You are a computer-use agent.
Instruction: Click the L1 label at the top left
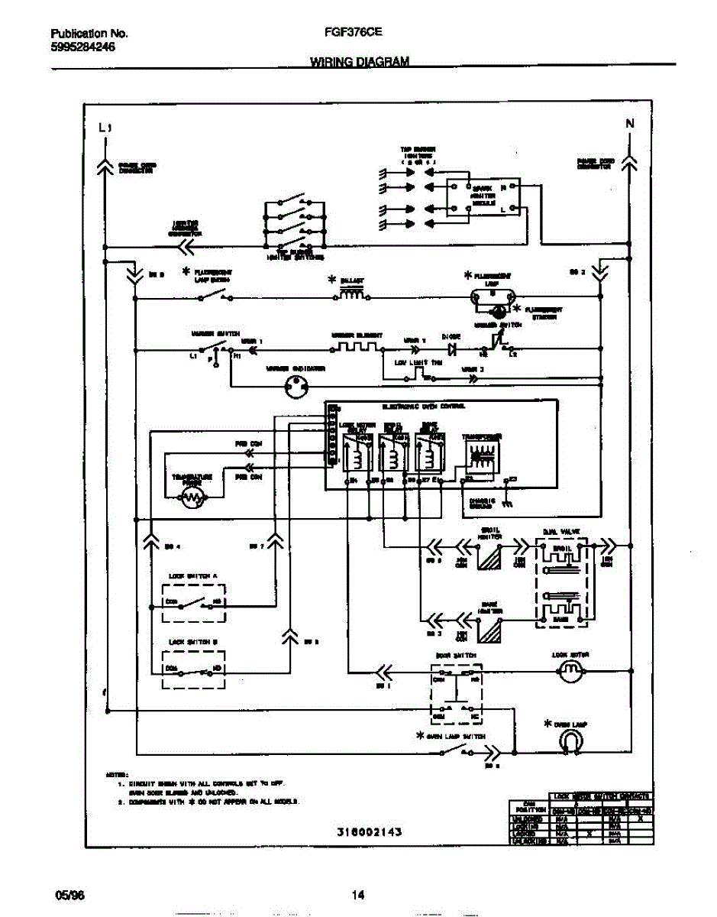click(105, 128)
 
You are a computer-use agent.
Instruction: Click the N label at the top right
click(630, 124)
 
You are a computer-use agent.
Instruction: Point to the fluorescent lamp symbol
click(495, 293)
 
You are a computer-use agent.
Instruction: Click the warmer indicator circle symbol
click(296, 389)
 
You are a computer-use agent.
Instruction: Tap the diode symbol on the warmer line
click(452, 351)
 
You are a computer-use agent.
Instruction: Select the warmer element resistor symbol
click(354, 348)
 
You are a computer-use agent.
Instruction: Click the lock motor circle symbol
click(567, 672)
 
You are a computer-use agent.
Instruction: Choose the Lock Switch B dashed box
click(195, 669)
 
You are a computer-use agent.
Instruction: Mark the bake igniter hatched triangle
click(488, 629)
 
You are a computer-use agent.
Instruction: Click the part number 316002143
click(370, 832)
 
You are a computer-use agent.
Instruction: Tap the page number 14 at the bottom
click(357, 895)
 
